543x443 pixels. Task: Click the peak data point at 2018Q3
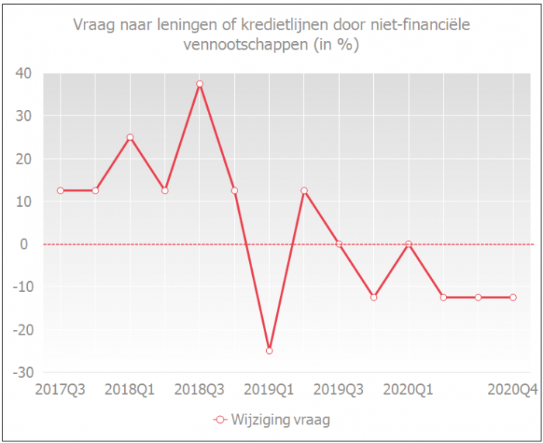pyautogui.click(x=199, y=84)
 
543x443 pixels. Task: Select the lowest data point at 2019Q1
pyautogui.click(x=269, y=351)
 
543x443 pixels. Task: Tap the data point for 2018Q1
pyautogui.click(x=130, y=137)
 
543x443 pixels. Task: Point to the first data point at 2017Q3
pyautogui.click(x=60, y=191)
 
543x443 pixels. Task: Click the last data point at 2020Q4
pyautogui.click(x=514, y=297)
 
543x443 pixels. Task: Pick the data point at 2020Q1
pyautogui.click(x=409, y=244)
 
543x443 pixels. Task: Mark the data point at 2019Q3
pyautogui.click(x=339, y=244)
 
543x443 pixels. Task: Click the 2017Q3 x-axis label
pyautogui.click(x=61, y=388)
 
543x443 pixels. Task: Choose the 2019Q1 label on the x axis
pyautogui.click(x=269, y=388)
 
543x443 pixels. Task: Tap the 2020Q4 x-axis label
pyautogui.click(x=513, y=388)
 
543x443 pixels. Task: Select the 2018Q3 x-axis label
pyautogui.click(x=199, y=388)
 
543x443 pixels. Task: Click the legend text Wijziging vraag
pyautogui.click(x=282, y=421)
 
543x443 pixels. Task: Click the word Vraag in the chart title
pyautogui.click(x=93, y=25)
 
